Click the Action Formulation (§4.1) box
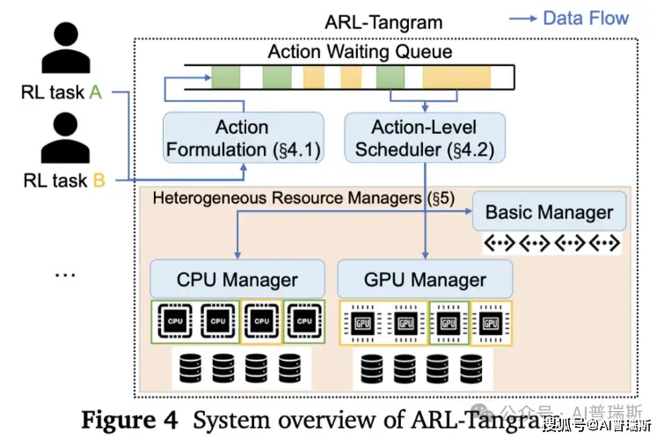coord(242,138)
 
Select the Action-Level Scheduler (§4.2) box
coord(425,138)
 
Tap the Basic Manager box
coord(549,212)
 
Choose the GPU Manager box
coord(425,281)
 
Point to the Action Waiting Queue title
coord(360,52)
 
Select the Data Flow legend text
coord(586,18)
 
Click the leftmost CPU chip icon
coord(175,322)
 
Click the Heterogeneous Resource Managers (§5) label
coord(303,198)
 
